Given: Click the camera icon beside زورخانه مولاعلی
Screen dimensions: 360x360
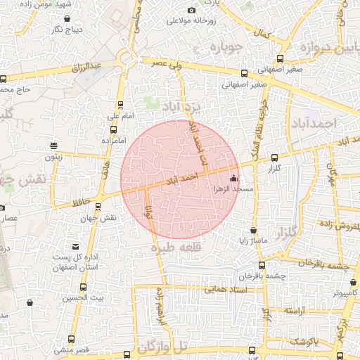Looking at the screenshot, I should (x=191, y=10).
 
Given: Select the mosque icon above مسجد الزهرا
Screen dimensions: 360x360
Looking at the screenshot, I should (x=233, y=179).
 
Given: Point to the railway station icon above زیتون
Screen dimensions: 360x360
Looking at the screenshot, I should (x=53, y=146).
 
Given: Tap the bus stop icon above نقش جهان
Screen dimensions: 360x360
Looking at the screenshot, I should (x=97, y=207).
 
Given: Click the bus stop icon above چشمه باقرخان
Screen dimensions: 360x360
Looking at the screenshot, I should (x=262, y=265).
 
